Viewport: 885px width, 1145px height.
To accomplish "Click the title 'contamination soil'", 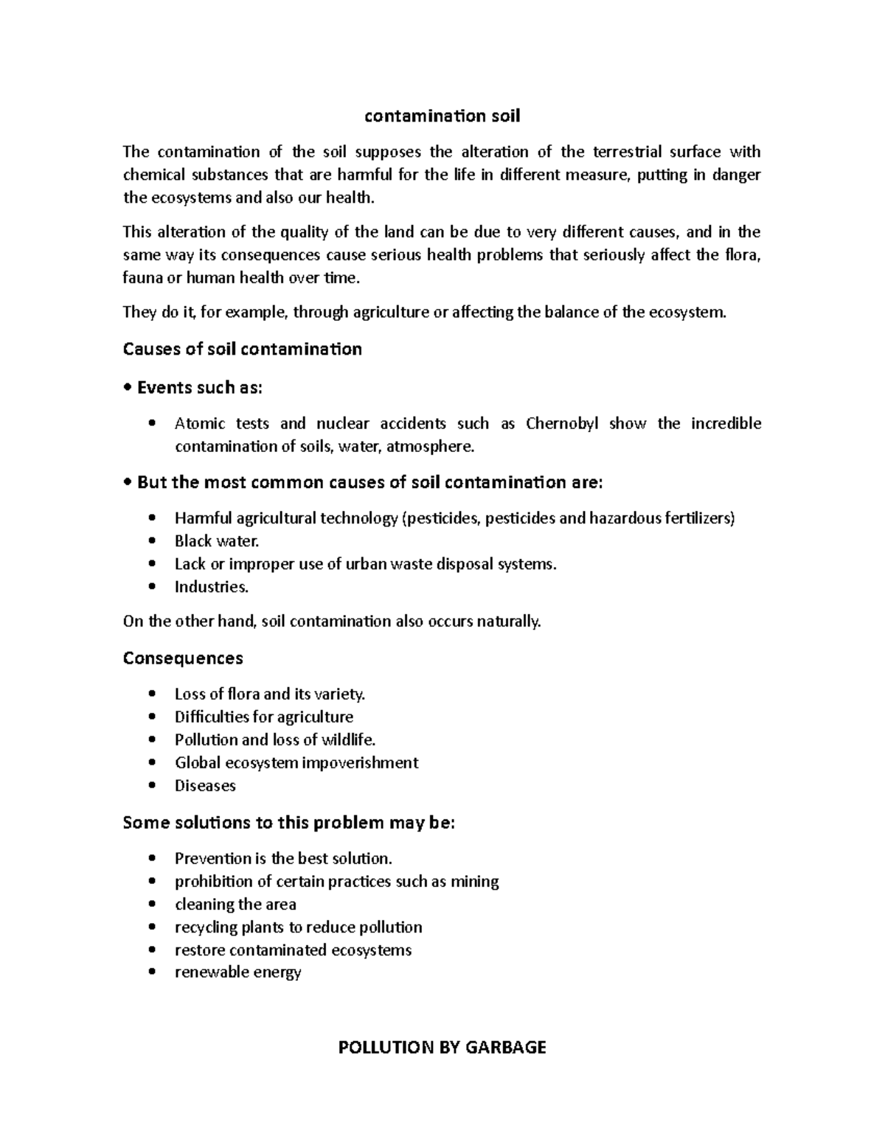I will (442, 116).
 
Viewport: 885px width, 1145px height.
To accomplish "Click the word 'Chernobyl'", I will (562, 424).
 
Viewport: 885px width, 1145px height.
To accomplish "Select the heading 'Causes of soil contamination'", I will (242, 349).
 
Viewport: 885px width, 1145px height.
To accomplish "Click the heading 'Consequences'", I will (183, 658).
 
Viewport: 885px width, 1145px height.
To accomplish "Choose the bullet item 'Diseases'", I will (205, 786).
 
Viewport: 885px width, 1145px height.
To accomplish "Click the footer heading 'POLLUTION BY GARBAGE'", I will (442, 1047).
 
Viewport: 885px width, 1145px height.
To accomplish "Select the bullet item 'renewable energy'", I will (237, 972).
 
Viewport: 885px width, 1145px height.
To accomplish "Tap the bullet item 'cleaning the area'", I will (235, 905).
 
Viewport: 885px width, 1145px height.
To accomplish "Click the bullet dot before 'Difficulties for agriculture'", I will (152, 717).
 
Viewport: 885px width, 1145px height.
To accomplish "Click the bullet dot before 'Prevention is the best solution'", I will (152, 859).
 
